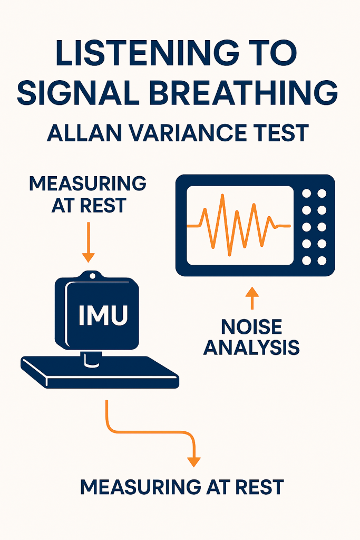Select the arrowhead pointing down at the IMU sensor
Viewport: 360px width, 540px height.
[89, 257]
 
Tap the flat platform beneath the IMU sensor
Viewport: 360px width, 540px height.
[100, 374]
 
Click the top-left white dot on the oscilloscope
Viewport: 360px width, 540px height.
[306, 194]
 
